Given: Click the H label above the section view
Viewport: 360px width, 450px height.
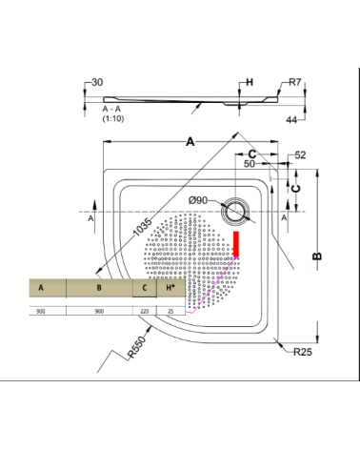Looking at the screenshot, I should coord(250,83).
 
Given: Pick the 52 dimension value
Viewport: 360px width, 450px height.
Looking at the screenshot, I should coord(300,154).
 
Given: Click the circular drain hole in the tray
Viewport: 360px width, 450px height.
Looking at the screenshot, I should coord(234,211).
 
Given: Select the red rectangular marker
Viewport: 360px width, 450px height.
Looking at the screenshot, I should coord(238,244).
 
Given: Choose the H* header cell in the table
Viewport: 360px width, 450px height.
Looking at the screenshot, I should coord(170,287).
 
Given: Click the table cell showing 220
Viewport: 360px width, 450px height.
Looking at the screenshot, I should coord(144,311).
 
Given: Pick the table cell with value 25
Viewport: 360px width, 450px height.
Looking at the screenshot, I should coord(170,311).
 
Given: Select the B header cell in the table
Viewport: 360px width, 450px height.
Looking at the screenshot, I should coord(99,287).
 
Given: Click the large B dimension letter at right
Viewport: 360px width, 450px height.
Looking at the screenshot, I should coord(319,255).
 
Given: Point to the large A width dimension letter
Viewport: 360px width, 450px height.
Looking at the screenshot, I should coord(190,143).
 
